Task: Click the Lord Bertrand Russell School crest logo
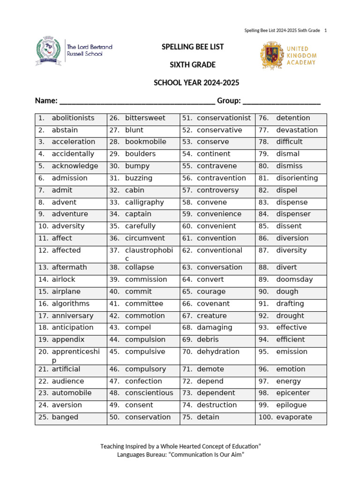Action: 48,51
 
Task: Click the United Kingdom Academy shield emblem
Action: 271,55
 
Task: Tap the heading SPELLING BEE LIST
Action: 193,47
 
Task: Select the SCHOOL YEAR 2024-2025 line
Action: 196,83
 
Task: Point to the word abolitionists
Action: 73,118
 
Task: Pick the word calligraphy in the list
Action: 144,202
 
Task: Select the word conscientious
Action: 149,393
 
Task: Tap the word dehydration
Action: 218,352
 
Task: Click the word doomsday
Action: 294,279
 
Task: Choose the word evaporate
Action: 294,417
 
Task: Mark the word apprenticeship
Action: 75,356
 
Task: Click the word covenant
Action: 213,304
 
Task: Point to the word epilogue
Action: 291,405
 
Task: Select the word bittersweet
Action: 145,118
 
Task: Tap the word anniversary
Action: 73,316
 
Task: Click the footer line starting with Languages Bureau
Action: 180,455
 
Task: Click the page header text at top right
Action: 285,30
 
